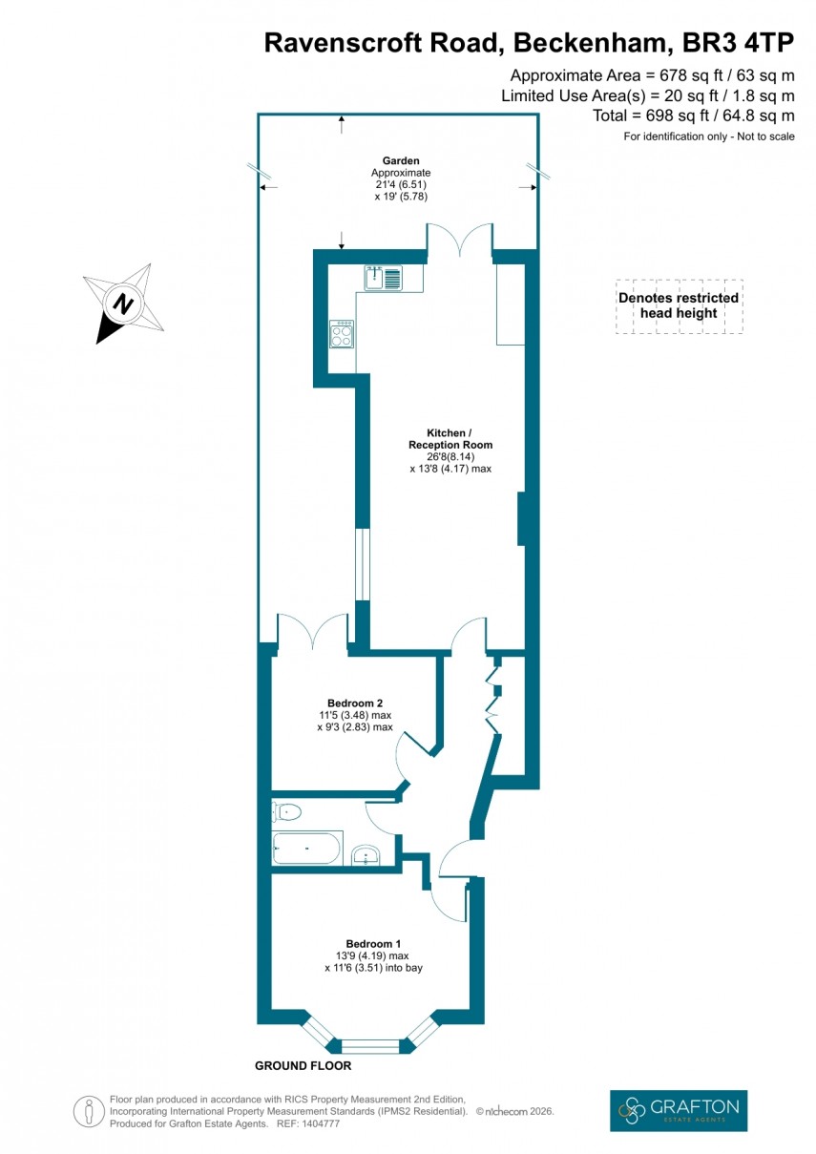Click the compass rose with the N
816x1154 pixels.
(122, 303)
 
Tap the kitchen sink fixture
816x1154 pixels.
(383, 278)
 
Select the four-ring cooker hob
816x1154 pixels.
(341, 333)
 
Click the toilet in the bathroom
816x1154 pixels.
(286, 812)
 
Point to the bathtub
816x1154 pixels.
(306, 848)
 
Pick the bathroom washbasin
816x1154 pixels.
(366, 855)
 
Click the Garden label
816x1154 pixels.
(401, 161)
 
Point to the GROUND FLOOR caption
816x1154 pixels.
(303, 1065)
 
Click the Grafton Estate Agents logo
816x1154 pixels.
(679, 1110)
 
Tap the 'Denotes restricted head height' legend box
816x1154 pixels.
(679, 306)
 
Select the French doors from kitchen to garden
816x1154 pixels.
(460, 240)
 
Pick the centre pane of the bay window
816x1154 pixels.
(370, 1046)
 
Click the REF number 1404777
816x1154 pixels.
(318, 1123)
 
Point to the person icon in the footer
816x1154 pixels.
(89, 1111)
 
